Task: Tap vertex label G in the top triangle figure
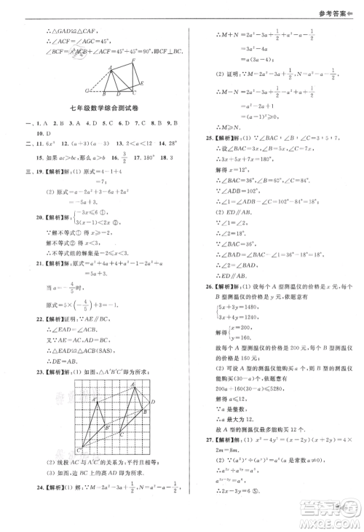pyautogui.click(x=86, y=90)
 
